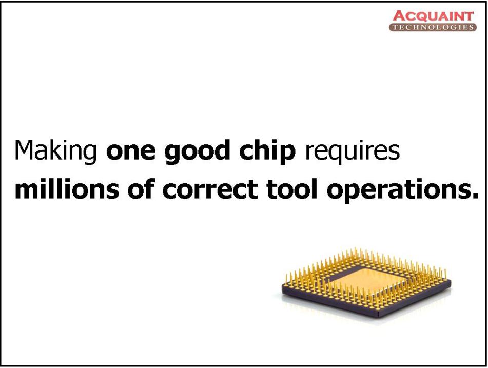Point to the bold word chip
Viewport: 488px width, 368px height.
click(x=267, y=151)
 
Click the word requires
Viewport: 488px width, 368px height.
click(x=353, y=152)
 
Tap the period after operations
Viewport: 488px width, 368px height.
click(x=474, y=195)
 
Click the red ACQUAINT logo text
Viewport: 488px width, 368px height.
click(x=433, y=16)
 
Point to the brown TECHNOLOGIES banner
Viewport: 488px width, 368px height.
click(x=433, y=27)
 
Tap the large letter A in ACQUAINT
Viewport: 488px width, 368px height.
click(x=399, y=16)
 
